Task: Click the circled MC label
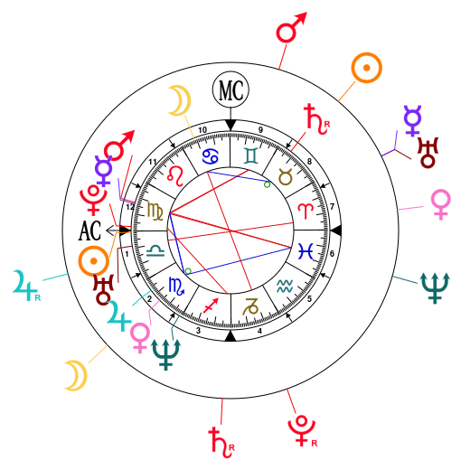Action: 230,89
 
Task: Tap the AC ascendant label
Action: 89,230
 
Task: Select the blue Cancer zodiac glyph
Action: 211,156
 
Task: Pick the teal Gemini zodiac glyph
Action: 251,155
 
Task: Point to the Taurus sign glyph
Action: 286,177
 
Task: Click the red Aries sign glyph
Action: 306,211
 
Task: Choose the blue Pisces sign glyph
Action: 306,250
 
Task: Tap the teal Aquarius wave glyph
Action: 285,286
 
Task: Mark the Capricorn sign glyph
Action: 250,306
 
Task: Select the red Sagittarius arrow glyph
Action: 211,306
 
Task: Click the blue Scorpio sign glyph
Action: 176,286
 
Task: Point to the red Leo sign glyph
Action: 176,176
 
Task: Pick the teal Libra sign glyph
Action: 155,250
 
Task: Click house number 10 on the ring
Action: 202,130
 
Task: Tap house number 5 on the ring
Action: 309,298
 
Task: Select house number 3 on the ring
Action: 198,331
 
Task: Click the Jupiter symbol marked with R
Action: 25,286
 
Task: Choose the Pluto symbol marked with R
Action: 302,430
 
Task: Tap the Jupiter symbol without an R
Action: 119,315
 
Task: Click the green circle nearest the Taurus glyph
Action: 267,184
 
